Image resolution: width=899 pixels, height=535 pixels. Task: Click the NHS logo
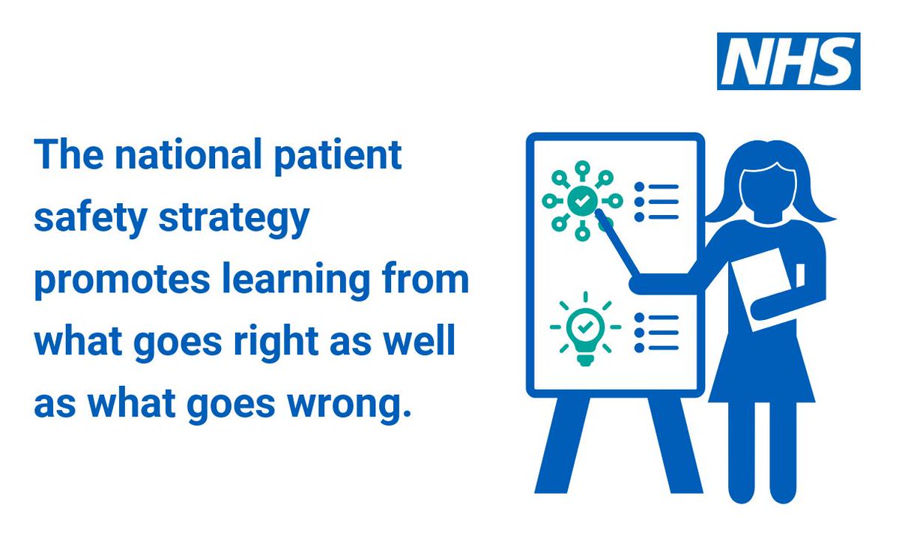coord(788,61)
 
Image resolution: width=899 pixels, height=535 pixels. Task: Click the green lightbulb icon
coord(585,328)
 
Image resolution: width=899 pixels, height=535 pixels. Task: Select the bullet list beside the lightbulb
coord(657,331)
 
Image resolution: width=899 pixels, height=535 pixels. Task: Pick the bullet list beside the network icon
coord(657,201)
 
